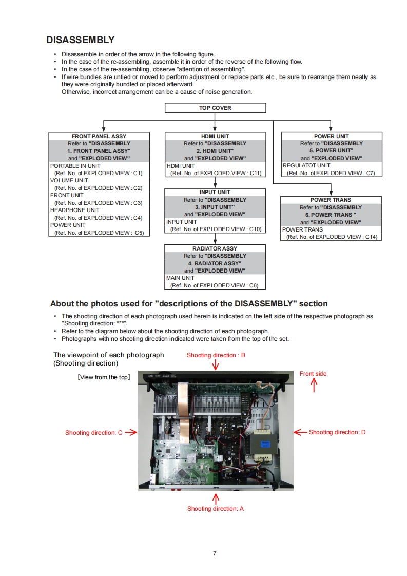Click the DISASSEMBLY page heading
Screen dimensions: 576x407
[x=80, y=40]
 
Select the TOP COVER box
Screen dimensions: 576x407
[x=215, y=108]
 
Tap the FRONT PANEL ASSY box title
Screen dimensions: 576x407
[x=99, y=136]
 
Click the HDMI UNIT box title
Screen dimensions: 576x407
[x=215, y=136]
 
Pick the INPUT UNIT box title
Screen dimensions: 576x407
[x=215, y=192]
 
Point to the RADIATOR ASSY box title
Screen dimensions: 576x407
[x=215, y=248]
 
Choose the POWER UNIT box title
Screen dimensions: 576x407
[x=331, y=136]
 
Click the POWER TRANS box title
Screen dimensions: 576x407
[x=331, y=200]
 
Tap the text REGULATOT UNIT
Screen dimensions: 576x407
[x=306, y=166]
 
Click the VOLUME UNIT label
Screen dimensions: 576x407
[x=69, y=181]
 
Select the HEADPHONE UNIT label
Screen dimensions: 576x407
[x=74, y=210]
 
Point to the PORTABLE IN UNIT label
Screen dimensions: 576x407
[x=75, y=166]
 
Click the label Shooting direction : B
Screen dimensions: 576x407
[x=216, y=355]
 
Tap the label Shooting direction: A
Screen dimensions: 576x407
[x=216, y=509]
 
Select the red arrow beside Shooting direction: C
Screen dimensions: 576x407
[x=130, y=432]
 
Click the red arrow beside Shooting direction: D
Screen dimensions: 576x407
[x=300, y=432]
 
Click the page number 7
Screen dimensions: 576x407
[x=215, y=553]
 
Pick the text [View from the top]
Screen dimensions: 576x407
[x=104, y=377]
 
